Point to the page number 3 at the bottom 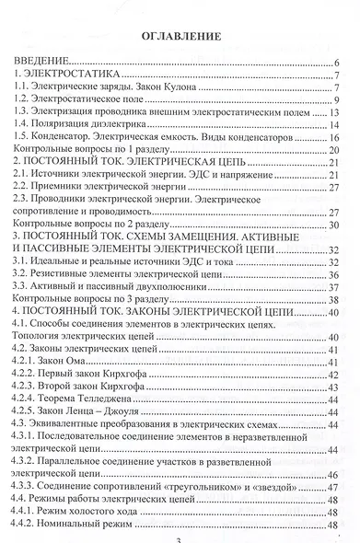[178, 538]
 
